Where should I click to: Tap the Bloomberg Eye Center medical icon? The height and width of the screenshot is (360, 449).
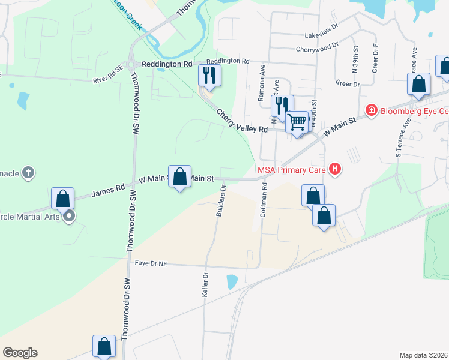pyautogui.click(x=372, y=110)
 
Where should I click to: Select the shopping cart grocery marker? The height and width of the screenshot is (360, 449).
pyautogui.click(x=297, y=122)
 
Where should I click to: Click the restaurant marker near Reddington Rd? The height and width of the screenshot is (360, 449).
pyautogui.click(x=209, y=75)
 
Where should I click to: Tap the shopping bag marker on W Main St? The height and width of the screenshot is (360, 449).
pyautogui.click(x=179, y=176)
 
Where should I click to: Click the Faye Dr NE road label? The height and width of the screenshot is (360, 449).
pyautogui.click(x=150, y=263)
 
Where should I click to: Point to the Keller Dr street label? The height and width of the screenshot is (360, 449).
pyautogui.click(x=205, y=285)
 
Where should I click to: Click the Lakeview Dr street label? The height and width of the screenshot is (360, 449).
pyautogui.click(x=322, y=35)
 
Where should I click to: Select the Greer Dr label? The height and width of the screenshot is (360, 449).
pyautogui.click(x=348, y=84)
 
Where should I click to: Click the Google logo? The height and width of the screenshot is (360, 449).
pyautogui.click(x=20, y=353)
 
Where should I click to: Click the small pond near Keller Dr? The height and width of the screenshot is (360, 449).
pyautogui.click(x=232, y=281)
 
